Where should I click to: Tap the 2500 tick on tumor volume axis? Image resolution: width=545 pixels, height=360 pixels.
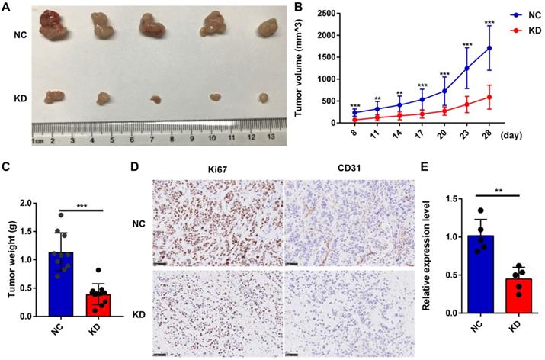tap(325, 14)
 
